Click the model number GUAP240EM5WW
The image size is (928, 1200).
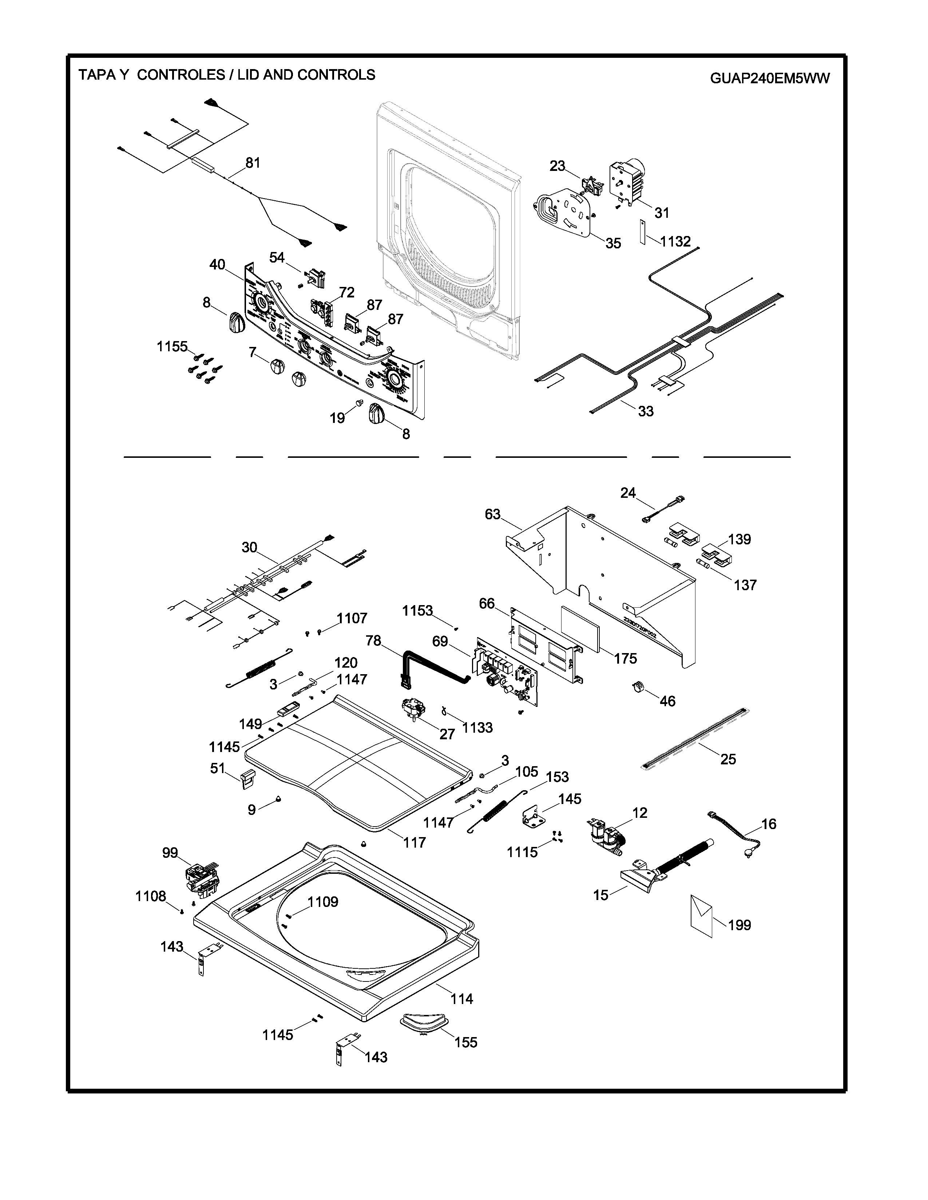pos(770,79)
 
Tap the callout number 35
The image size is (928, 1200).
pos(613,243)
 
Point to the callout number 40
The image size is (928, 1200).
pos(217,265)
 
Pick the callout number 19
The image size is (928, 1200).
pos(337,418)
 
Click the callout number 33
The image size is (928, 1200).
pos(646,411)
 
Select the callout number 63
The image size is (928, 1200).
pos(493,514)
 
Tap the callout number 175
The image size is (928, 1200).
pos(625,658)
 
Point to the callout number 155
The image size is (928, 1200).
pos(466,1042)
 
